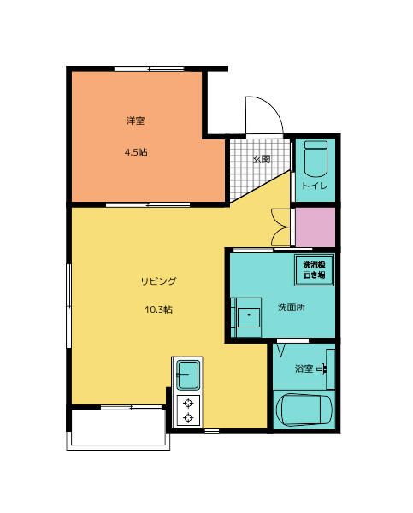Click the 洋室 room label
136,121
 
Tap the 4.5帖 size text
136,152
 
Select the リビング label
159,280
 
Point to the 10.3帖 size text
159,310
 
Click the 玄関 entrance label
262,159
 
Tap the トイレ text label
315,186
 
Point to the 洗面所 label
290,307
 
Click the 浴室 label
304,369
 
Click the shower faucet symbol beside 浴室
325,369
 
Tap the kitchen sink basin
188,374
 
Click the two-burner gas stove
187,410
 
